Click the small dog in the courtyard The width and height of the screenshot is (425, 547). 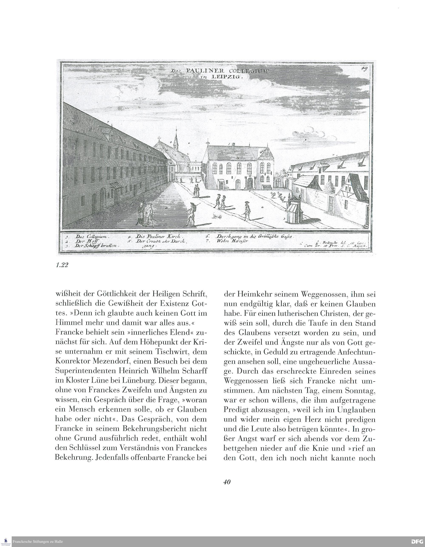217,216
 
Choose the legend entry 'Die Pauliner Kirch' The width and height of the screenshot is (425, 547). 159,236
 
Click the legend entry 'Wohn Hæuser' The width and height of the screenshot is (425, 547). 232,241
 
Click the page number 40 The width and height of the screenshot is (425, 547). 227,482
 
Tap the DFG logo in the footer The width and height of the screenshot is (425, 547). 417,541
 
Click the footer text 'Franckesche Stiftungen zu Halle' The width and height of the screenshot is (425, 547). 38,542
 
